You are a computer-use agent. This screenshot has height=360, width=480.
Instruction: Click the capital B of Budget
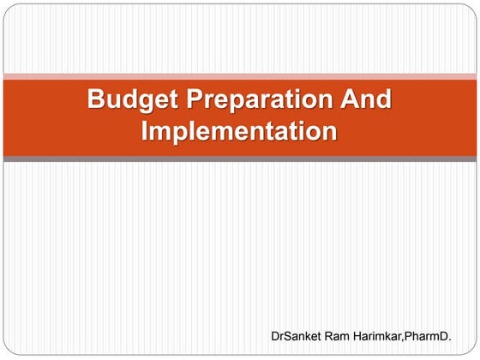pos(96,100)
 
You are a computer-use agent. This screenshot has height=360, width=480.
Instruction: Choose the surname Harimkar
pos(382,338)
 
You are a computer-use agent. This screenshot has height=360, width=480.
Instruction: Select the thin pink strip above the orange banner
pos(240,76)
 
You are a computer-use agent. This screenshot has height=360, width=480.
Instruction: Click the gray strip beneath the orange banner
pos(240,159)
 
